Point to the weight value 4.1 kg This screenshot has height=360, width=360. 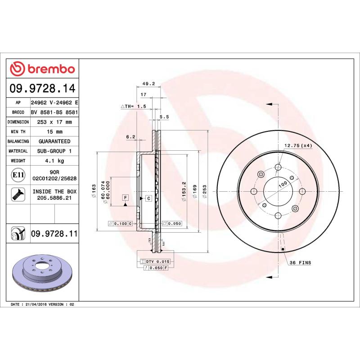coord(54,161)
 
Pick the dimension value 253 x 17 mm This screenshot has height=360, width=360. coord(54,122)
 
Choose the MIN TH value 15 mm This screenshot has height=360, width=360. coord(54,132)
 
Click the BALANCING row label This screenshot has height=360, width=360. coord(18,141)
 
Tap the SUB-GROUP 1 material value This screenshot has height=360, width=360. coord(54,151)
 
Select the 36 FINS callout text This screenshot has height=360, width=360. coord(300,262)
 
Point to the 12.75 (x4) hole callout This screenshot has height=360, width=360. coord(298,145)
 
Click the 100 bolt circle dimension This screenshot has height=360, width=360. coord(283,184)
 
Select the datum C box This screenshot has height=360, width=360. coord(148,198)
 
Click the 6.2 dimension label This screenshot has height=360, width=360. coord(130,136)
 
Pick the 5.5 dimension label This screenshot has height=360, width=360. coord(164,117)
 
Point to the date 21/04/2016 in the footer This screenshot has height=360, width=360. coord(37,305)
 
